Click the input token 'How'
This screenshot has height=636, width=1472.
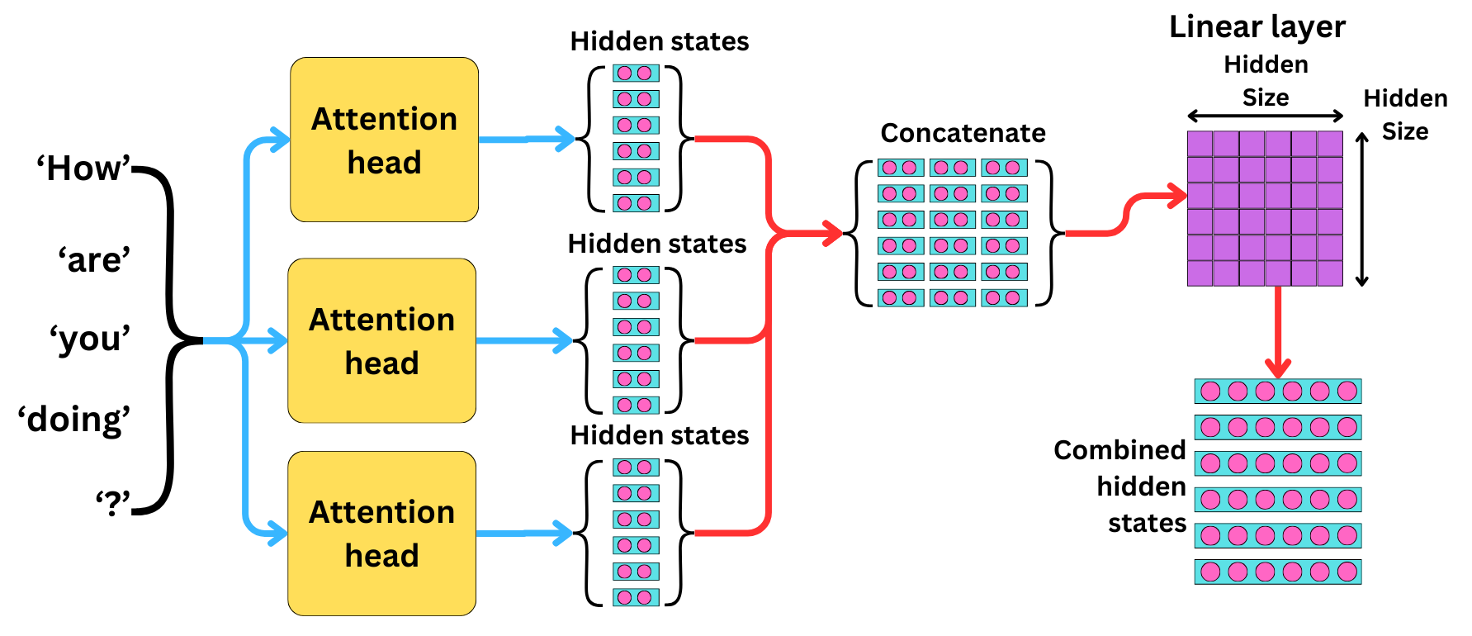83,168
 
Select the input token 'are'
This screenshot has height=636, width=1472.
94,260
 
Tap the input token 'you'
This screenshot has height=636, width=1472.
90,339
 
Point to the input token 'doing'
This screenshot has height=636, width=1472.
75,420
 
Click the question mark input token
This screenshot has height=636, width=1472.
113,501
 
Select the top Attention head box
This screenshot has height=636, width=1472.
384,140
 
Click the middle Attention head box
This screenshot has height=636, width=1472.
381,340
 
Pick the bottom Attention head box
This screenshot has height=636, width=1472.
381,534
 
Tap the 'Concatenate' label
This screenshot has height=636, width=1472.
963,133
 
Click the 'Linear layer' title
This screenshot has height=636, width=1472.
1257,27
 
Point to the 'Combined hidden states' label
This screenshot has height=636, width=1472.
1120,486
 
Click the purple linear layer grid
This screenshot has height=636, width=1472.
1265,208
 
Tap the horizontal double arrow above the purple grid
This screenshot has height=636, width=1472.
1265,116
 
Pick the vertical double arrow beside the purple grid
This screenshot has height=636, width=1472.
1362,209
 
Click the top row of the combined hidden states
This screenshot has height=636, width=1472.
1277,391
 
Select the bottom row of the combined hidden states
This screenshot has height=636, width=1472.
1277,572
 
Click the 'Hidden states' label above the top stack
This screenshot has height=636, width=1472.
659,41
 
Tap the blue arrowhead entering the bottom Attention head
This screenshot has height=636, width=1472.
279,534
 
